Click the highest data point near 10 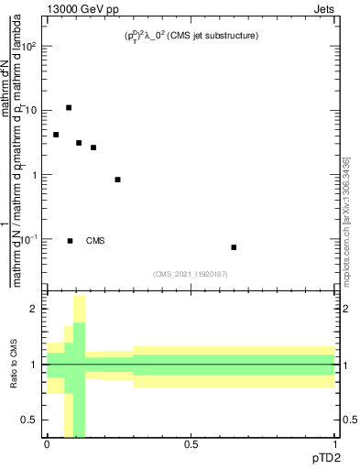(x=69, y=108)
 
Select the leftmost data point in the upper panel (x=56, y=135)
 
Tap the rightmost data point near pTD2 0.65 (x=234, y=247)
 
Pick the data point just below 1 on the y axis (x=117, y=180)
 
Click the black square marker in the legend (x=70, y=241)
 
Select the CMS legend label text (x=95, y=241)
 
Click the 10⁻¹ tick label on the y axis (x=29, y=239)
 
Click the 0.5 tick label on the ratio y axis (x=30, y=420)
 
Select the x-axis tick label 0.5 (x=191, y=444)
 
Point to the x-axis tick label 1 (x=335, y=444)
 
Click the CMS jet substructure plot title (x=191, y=36)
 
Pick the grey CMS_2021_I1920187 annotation (x=191, y=272)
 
